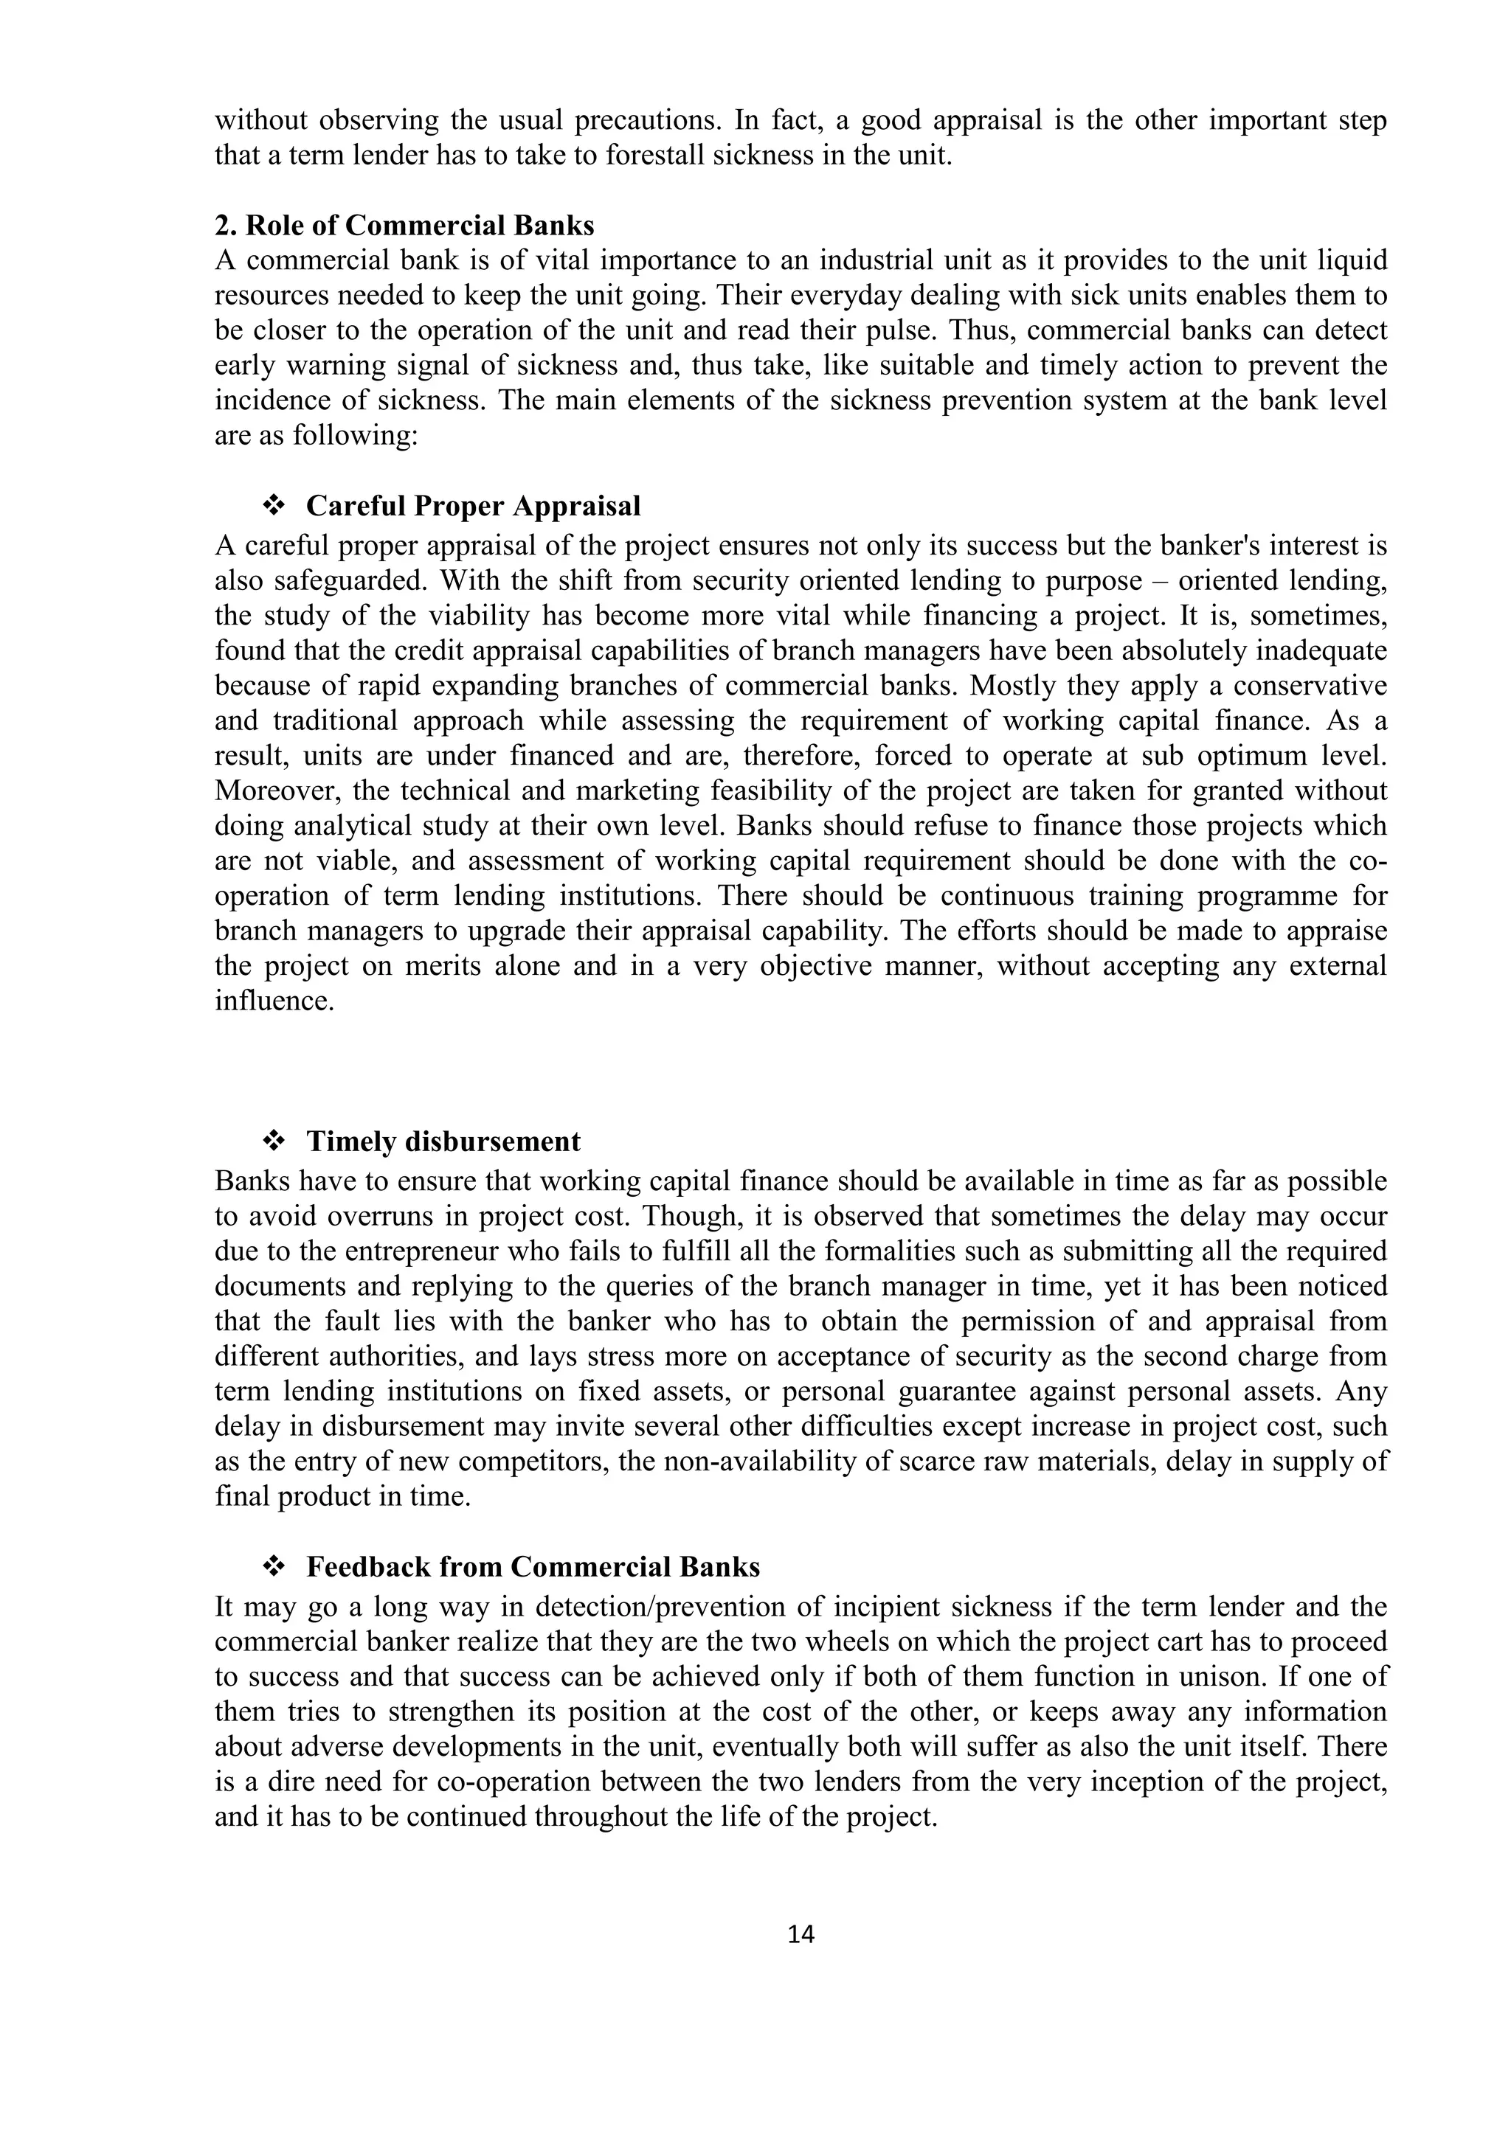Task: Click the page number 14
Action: (x=801, y=1934)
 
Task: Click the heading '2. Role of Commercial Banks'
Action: (x=404, y=226)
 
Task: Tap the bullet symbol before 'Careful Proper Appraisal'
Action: (x=274, y=507)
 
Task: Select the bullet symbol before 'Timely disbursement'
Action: (x=274, y=1141)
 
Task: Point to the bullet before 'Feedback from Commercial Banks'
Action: (x=274, y=1568)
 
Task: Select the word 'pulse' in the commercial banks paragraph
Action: (x=973, y=331)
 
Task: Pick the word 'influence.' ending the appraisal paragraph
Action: (x=274, y=1001)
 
